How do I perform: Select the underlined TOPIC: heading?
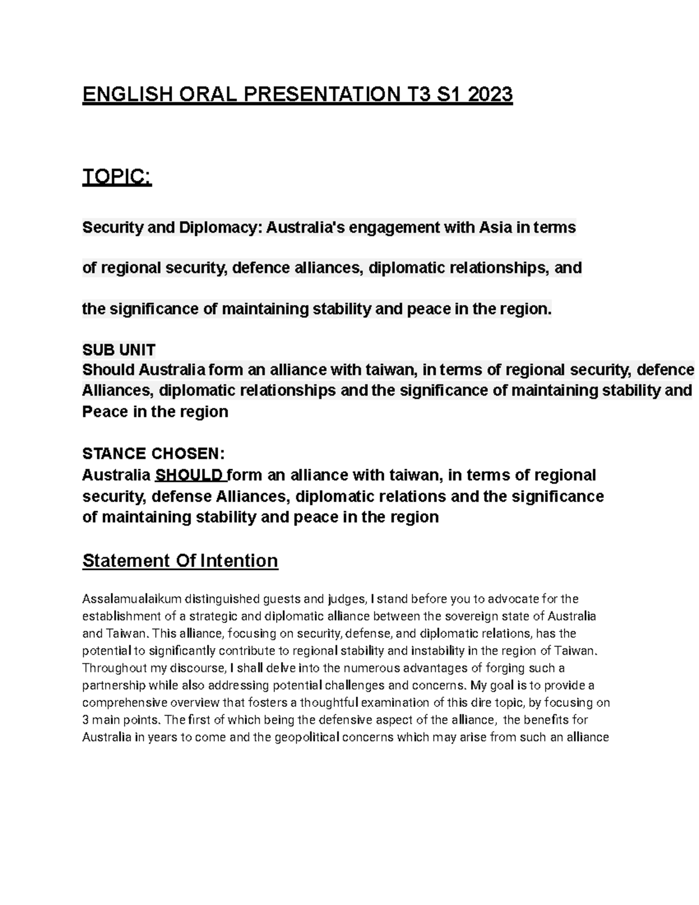(117, 177)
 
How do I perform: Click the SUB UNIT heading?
(119, 350)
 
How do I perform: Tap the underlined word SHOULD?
(190, 475)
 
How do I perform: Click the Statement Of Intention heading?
(180, 561)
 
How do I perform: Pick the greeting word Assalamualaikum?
(132, 598)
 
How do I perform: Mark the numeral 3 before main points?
(86, 720)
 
